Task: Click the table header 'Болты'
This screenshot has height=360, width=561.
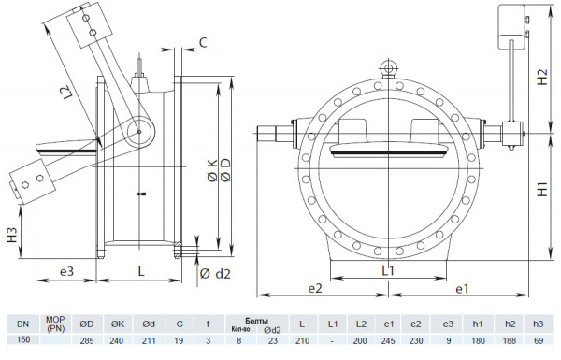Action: click(243, 320)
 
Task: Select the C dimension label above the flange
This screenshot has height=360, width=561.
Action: click(202, 42)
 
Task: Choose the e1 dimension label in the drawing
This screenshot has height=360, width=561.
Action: click(461, 291)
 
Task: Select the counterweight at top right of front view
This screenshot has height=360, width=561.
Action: click(515, 25)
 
